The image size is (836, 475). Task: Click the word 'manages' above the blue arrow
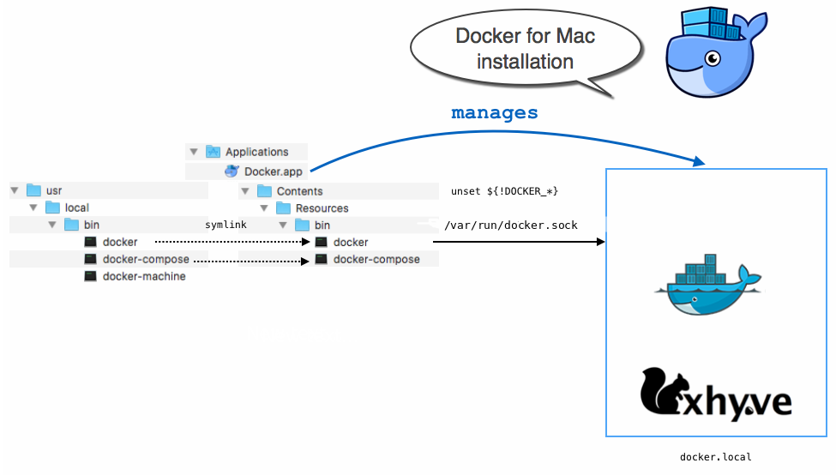495,113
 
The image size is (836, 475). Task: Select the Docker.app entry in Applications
274,171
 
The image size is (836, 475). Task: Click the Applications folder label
256,152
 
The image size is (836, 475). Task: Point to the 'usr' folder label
54,190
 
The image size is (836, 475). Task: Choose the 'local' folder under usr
77,207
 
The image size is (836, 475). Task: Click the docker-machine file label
144,276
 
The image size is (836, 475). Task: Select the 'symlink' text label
226,225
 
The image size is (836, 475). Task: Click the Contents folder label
299,191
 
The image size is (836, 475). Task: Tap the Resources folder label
322,208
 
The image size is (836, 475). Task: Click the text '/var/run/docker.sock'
510,225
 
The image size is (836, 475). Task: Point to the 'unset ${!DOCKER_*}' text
504,191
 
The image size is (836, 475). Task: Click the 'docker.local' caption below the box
715,457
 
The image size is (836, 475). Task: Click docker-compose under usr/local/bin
146,259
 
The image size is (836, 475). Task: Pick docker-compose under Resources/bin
376,259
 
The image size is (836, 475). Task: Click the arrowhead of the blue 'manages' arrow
699,161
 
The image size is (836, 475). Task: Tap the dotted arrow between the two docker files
232,242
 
